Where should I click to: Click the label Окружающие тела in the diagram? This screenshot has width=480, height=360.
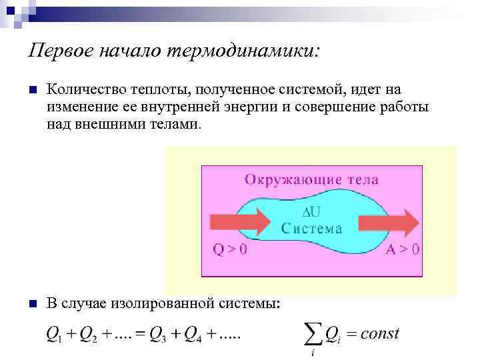[311, 179]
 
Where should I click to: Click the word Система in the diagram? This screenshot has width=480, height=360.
[312, 228]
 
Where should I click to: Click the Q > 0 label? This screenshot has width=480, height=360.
[230, 250]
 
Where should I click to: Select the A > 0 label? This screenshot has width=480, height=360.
[403, 250]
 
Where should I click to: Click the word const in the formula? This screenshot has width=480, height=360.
[379, 333]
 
